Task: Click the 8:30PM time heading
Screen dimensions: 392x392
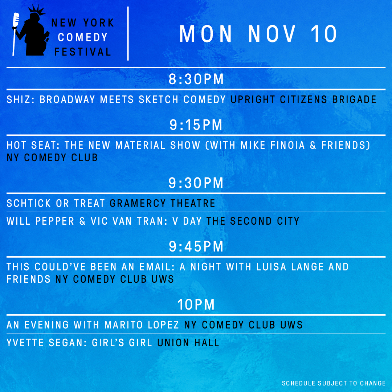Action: [x=196, y=79]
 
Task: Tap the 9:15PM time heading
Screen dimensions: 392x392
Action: [x=196, y=125]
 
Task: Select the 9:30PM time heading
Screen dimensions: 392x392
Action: [x=196, y=183]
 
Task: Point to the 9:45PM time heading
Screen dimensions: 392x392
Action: [x=196, y=247]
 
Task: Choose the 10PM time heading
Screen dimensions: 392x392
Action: [x=196, y=305]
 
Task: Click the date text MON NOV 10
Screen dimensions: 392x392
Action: [x=258, y=35]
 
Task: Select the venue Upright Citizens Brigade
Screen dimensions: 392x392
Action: [x=303, y=99]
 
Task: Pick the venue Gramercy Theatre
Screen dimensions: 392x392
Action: [x=163, y=203]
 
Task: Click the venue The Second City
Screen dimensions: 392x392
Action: [x=253, y=221]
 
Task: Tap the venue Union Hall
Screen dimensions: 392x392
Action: [x=188, y=343]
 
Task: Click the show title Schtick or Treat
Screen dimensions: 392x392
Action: [x=56, y=203]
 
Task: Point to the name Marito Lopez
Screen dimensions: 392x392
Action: [x=142, y=325]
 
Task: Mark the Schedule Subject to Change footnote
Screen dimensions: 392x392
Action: [x=333, y=383]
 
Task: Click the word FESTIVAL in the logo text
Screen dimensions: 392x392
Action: [x=83, y=52]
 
